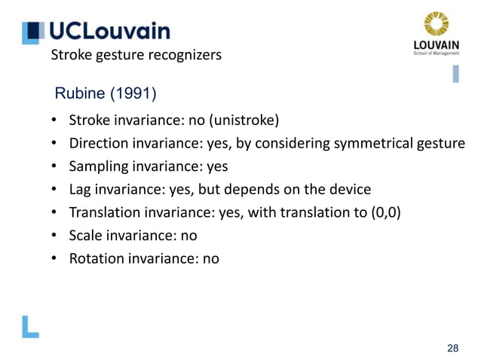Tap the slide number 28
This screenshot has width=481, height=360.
452,347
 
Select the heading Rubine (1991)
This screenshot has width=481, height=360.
106,94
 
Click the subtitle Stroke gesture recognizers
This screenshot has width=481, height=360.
136,55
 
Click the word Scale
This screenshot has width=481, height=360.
86,235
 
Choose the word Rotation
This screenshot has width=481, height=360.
96,258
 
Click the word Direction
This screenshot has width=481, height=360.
97,143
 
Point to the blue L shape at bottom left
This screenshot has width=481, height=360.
30,326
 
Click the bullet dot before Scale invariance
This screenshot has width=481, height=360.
54,236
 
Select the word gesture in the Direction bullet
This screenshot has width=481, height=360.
440,143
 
